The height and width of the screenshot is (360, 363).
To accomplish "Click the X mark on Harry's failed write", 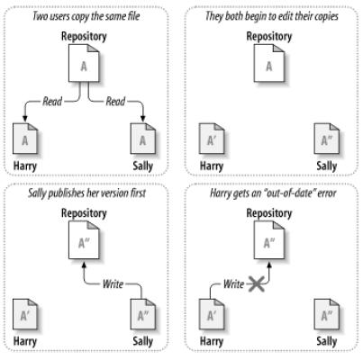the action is (256, 284).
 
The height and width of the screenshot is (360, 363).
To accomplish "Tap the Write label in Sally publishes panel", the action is (113, 283).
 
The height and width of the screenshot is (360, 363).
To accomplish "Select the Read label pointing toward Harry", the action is (52, 102).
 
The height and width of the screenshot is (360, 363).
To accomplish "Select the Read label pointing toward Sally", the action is (115, 102).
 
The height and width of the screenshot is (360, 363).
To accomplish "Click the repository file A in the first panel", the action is (84, 63).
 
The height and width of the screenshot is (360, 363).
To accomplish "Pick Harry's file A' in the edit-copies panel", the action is (212, 139).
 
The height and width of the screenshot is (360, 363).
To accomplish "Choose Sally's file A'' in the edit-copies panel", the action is (327, 139).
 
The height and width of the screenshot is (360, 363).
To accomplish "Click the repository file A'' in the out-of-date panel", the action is (269, 240).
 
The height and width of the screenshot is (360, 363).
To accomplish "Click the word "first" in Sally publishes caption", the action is (138, 193).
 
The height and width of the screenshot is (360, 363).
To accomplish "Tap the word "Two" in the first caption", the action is (41, 16).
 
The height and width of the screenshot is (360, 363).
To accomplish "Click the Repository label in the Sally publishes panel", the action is (84, 213).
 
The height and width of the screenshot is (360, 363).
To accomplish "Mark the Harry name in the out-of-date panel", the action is (212, 341).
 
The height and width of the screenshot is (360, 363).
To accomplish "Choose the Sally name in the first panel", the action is (143, 166).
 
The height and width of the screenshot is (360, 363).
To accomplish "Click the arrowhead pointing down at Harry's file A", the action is (25, 119).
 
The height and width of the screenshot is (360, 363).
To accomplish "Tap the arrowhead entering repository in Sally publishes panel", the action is (84, 265).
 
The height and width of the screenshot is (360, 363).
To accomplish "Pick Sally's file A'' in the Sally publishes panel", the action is (143, 314).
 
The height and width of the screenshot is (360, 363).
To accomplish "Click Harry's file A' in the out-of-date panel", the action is (212, 314).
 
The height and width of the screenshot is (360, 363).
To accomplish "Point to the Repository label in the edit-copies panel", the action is (269, 37).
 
